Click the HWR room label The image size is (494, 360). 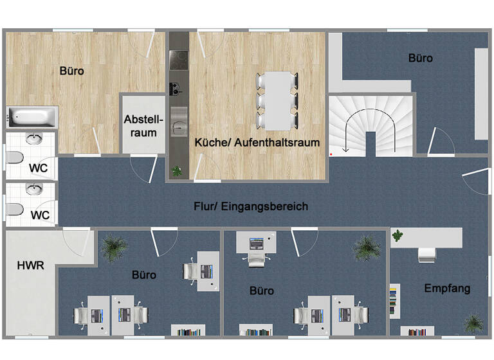(x=30, y=265)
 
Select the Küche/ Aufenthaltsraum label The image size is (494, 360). (x=257, y=143)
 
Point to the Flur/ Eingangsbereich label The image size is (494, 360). (x=251, y=206)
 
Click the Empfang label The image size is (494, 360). (x=447, y=288)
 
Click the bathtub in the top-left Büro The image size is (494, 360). (x=32, y=117)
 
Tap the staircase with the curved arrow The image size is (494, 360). (x=370, y=125)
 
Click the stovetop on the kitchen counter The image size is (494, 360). (x=178, y=60)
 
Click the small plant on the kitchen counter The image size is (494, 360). (x=177, y=171)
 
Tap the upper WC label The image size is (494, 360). (x=39, y=169)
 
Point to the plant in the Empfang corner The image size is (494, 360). (x=474, y=322)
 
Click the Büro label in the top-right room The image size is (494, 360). (x=421, y=58)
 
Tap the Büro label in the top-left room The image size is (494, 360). (x=71, y=71)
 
